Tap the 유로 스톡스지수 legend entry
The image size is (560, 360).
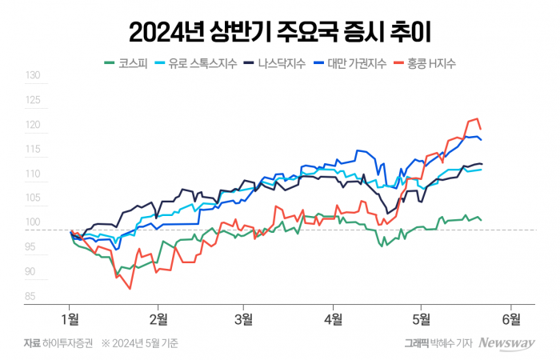201,62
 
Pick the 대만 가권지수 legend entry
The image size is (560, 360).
360,62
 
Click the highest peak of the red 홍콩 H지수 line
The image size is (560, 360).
477,118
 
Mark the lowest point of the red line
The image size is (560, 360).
129,288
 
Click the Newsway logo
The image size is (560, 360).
506,342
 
